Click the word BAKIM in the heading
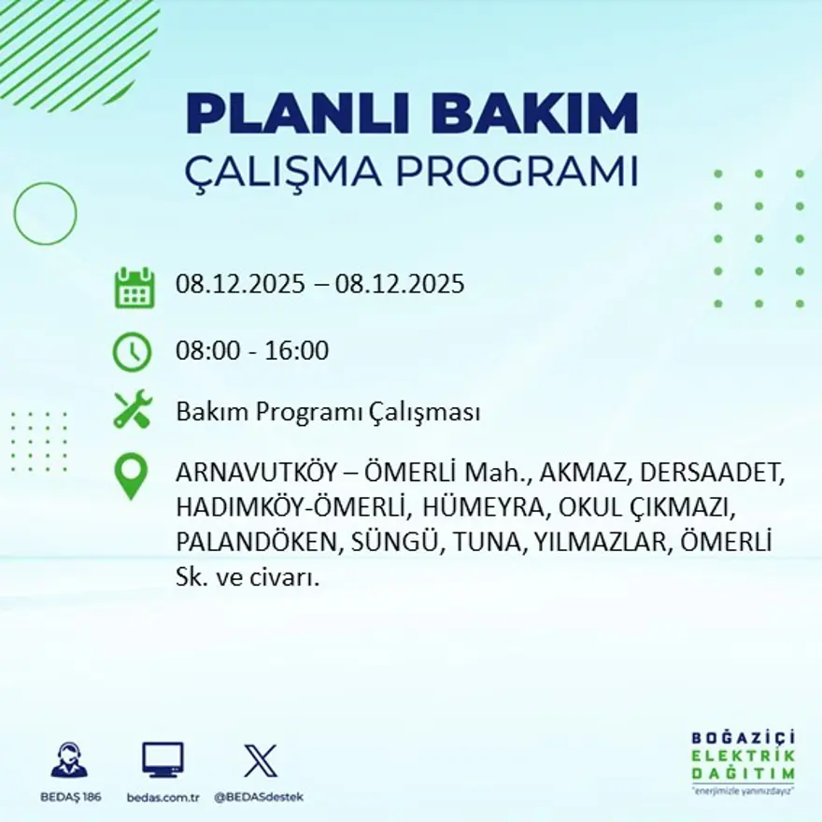[x=535, y=114]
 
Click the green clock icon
[x=132, y=352]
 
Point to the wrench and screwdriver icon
[x=132, y=410]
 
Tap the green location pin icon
[x=131, y=475]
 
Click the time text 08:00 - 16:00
[x=252, y=351]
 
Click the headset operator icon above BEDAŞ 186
[x=69, y=759]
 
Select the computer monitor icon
[x=163, y=759]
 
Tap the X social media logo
[x=260, y=759]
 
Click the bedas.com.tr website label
[x=163, y=797]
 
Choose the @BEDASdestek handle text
[x=259, y=797]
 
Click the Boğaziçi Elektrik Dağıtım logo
[x=743, y=761]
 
